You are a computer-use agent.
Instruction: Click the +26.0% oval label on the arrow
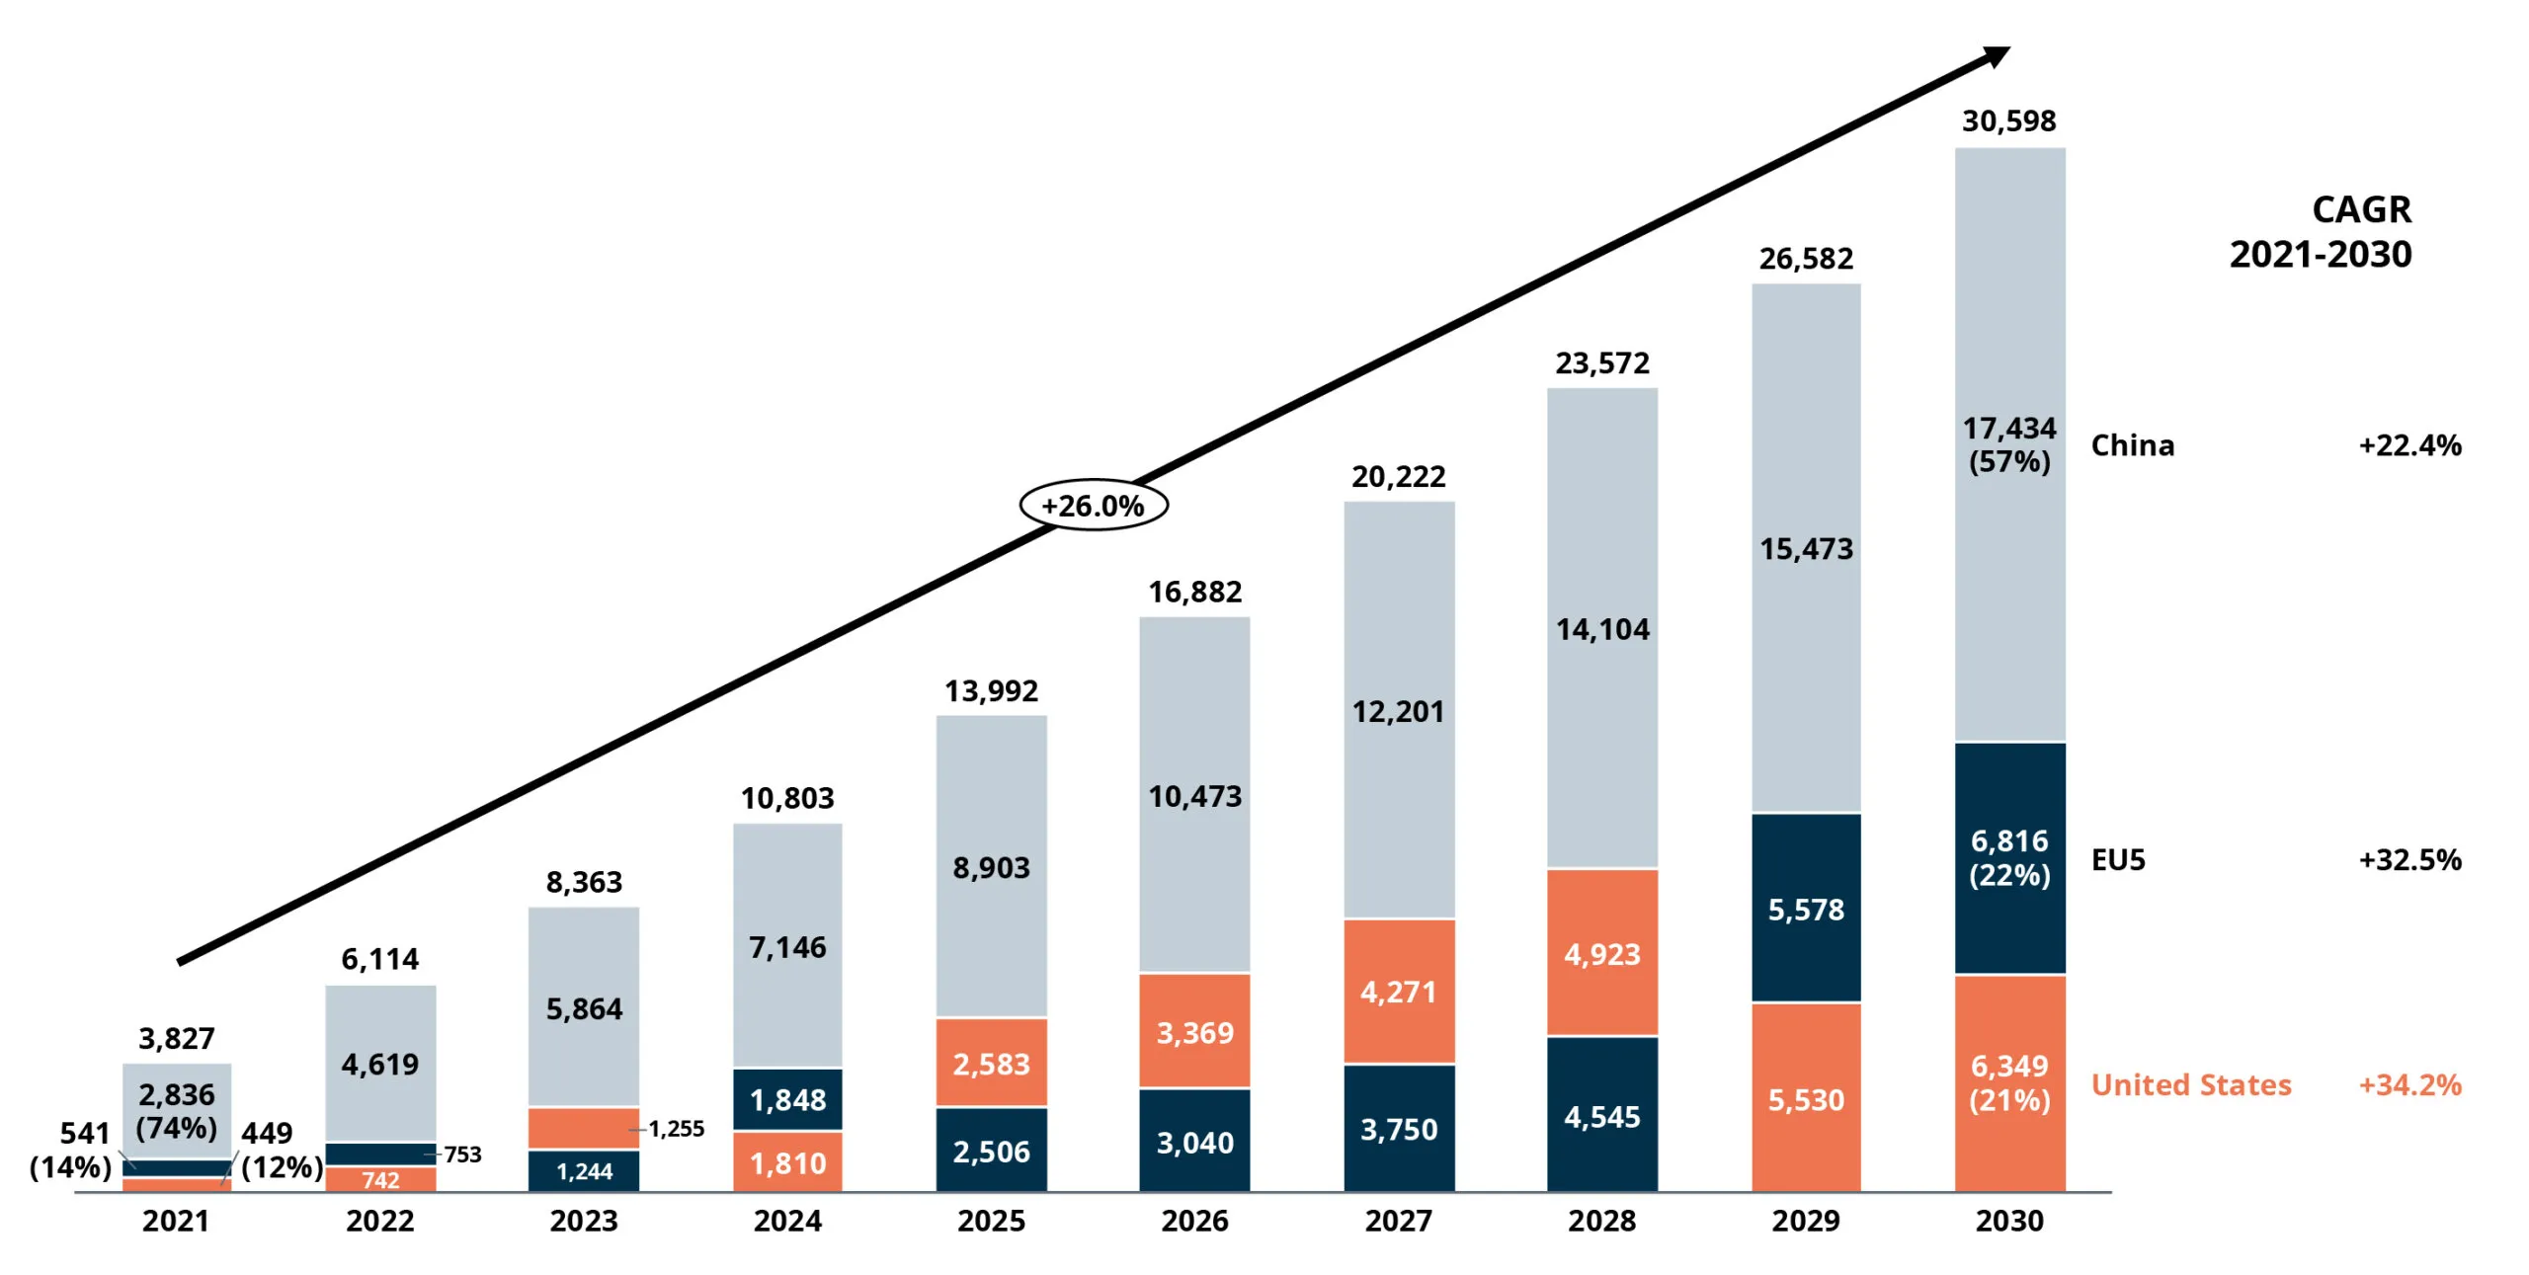1093,506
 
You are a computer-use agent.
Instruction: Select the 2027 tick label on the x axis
1398,1221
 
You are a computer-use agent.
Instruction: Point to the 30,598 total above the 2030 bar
2008,121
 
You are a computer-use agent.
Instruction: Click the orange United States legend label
2191,1085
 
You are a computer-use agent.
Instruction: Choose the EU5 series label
2118,860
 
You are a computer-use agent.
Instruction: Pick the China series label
2133,445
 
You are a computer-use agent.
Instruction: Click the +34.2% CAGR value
2410,1085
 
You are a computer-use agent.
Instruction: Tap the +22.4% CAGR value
2410,445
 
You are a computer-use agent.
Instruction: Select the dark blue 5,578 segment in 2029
1806,908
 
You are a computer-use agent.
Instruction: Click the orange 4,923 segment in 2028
1601,952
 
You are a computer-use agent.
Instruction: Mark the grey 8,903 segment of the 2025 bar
991,866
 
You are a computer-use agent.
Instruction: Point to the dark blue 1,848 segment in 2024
787,1099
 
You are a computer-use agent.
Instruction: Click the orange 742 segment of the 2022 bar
380,1179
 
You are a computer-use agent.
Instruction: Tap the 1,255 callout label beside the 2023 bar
677,1129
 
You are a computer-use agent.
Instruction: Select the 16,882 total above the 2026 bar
1194,593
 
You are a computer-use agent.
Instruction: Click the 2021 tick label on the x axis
176,1221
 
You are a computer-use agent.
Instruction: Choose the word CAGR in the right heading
2361,210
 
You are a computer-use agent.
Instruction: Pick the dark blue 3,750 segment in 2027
1398,1128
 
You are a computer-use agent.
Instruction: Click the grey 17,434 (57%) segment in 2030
2009,444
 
